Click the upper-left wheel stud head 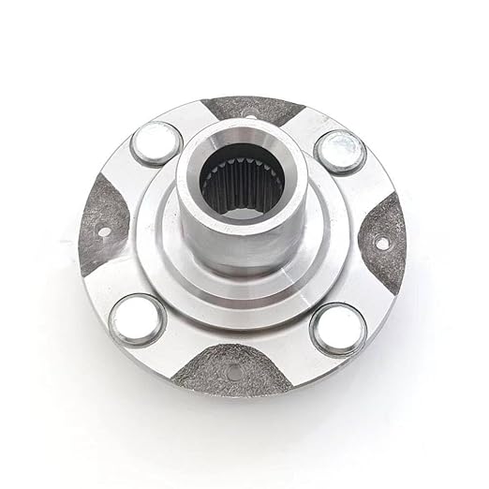(156, 143)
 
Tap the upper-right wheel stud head (339, 151)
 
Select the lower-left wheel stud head (137, 319)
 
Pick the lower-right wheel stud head (338, 329)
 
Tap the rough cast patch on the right (385, 239)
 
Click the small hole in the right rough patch (382, 244)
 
